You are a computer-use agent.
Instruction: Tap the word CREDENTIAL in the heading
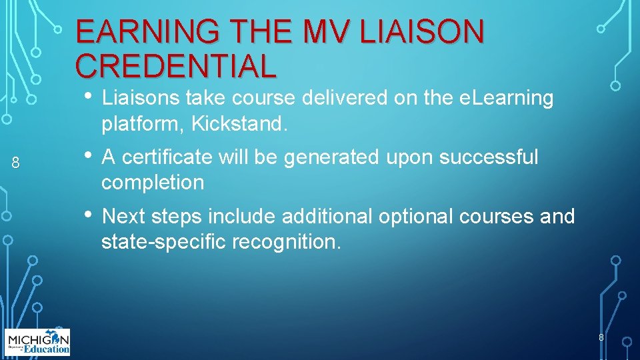[175, 65]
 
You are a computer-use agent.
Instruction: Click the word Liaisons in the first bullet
[141, 99]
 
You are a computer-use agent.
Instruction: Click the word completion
[153, 183]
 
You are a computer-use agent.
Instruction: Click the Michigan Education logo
[37, 342]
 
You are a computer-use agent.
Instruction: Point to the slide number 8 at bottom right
[601, 337]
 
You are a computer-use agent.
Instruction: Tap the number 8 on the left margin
[16, 162]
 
